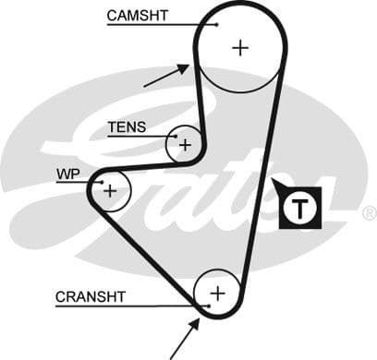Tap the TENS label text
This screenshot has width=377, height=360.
click(x=127, y=126)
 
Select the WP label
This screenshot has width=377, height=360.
click(x=67, y=174)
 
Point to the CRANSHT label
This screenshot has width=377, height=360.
click(x=89, y=296)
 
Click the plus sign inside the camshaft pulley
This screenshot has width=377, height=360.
click(x=241, y=47)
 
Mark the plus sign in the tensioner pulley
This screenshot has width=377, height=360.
click(x=185, y=144)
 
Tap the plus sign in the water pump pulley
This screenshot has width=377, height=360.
click(x=110, y=190)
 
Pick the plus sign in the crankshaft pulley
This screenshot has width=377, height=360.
click(x=218, y=293)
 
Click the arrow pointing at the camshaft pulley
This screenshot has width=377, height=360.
click(x=166, y=75)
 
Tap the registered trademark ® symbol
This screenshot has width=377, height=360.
click(x=368, y=213)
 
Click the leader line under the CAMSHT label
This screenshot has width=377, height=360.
click(x=157, y=25)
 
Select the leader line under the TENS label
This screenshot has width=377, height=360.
click(x=139, y=136)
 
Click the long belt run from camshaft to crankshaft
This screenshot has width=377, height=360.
click(x=263, y=185)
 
